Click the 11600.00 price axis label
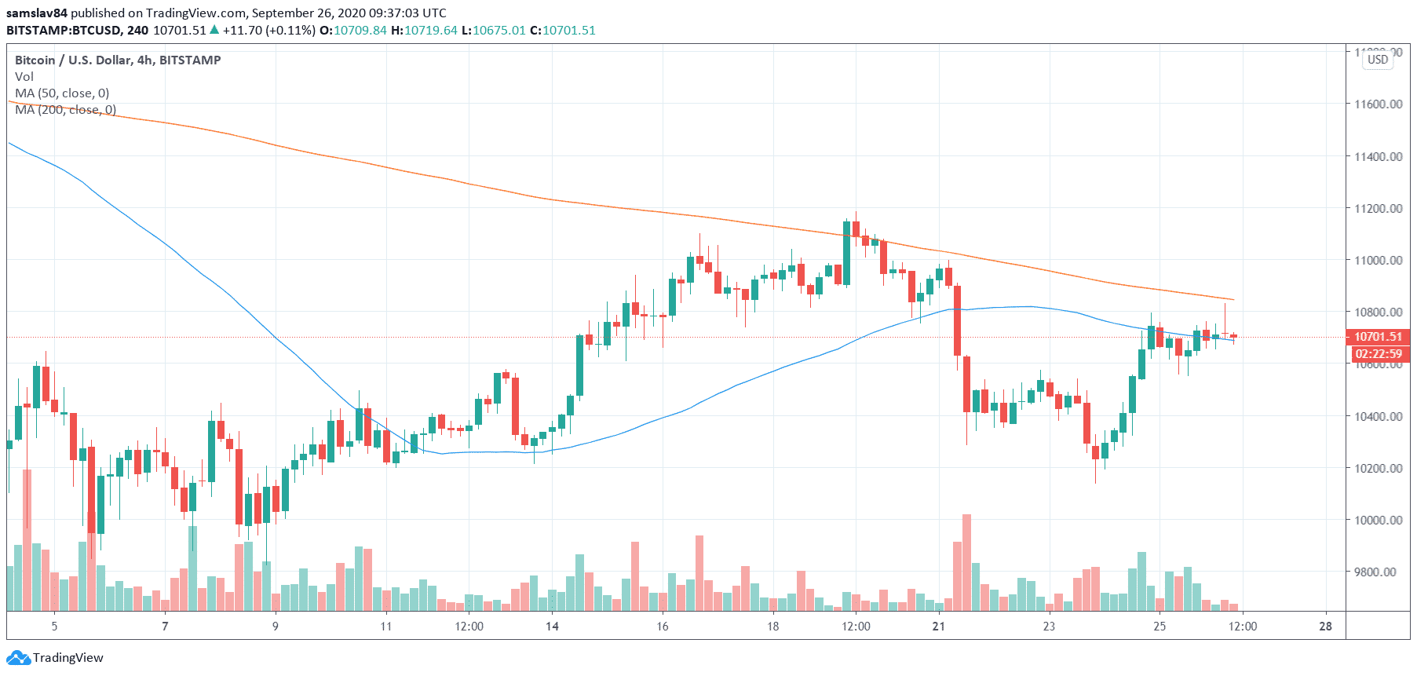pyautogui.click(x=1378, y=104)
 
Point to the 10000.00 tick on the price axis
pyautogui.click(x=1378, y=520)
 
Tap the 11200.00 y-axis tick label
pyautogui.click(x=1378, y=208)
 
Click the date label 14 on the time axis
pyautogui.click(x=552, y=626)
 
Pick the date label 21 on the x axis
pyautogui.click(x=938, y=626)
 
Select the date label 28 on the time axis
pyautogui.click(x=1325, y=626)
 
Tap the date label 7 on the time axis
pyautogui.click(x=165, y=626)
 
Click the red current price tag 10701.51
pyautogui.click(x=1378, y=337)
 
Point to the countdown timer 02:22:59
pyautogui.click(x=1379, y=354)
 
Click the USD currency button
pyautogui.click(x=1378, y=60)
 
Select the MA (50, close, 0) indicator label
pyautogui.click(x=62, y=93)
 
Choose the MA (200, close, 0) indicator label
pyautogui.click(x=65, y=110)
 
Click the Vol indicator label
pyautogui.click(x=24, y=77)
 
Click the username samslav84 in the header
pyautogui.click(x=37, y=13)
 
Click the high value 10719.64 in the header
pyautogui.click(x=430, y=31)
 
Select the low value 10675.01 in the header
pyautogui.click(x=499, y=31)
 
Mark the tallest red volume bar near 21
pyautogui.click(x=966, y=562)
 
